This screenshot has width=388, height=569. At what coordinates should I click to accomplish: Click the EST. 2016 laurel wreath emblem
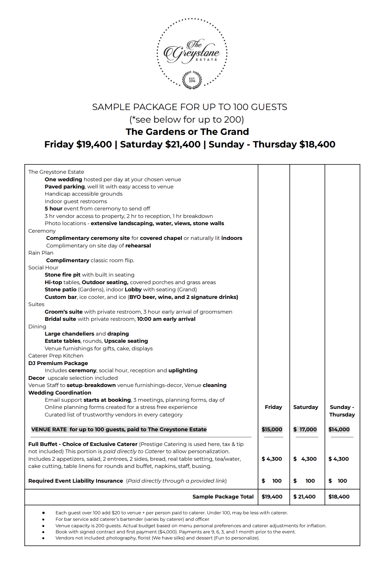[192, 80]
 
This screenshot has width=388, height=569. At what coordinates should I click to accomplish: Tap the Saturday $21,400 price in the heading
[160, 144]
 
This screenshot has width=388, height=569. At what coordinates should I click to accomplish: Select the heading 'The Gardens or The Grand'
[187, 132]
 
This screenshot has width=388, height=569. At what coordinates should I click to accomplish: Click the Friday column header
[273, 407]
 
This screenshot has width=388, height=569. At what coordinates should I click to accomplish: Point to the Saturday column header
[306, 407]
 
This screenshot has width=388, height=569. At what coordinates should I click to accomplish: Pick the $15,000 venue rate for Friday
[272, 429]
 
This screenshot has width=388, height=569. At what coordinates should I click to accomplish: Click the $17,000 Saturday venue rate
[305, 429]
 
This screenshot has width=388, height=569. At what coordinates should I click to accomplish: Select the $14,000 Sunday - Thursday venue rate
[339, 429]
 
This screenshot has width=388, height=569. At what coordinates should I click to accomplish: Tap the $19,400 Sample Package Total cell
[272, 497]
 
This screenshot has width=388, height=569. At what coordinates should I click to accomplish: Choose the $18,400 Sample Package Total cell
[339, 497]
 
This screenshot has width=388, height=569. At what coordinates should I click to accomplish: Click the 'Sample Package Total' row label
[223, 497]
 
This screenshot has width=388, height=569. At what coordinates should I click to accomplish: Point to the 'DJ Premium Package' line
[58, 363]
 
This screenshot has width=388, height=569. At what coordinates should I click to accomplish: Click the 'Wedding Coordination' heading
[60, 393]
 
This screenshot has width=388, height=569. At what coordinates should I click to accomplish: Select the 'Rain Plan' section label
[41, 253]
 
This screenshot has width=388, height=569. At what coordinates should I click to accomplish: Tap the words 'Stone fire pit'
[62, 275]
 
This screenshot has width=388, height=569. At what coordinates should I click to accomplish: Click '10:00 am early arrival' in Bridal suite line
[166, 319]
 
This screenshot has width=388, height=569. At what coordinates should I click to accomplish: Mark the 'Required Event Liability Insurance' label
[76, 481]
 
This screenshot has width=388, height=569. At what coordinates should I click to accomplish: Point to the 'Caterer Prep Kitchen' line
[56, 356]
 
